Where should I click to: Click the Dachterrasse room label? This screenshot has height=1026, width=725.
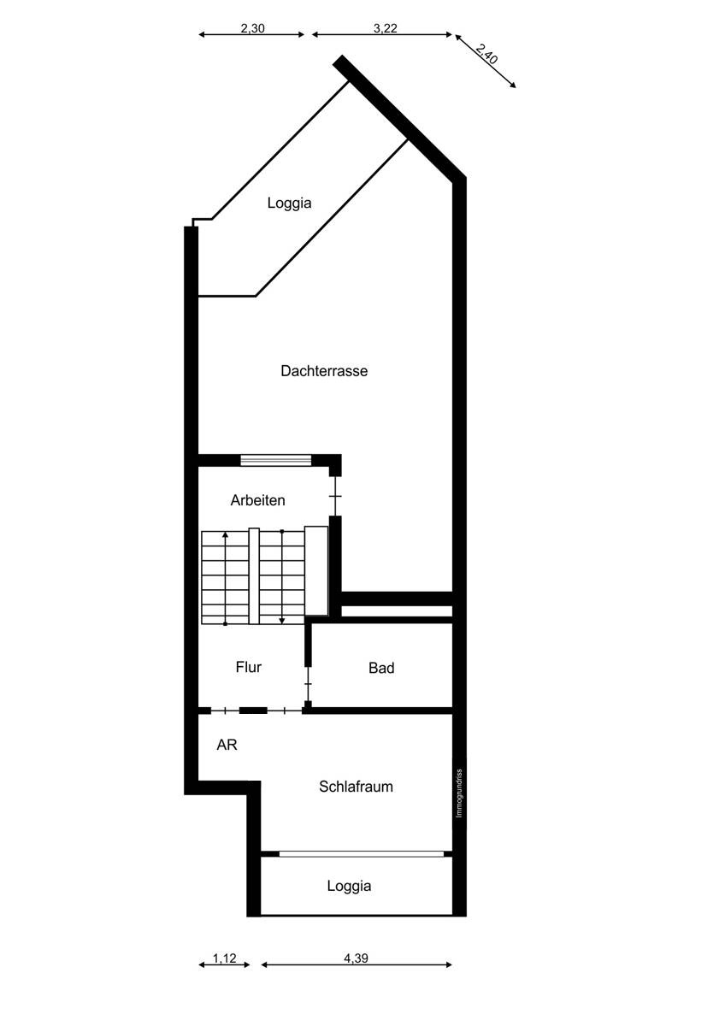click(x=324, y=371)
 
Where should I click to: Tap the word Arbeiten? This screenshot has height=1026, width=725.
click(x=257, y=500)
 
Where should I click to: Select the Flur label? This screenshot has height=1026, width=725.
click(x=248, y=667)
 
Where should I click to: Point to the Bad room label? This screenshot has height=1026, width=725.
click(x=381, y=668)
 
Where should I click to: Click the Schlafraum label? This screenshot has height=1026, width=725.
click(x=356, y=787)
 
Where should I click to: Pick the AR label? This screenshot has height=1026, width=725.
click(x=227, y=745)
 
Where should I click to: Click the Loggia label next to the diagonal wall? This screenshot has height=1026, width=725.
click(x=289, y=203)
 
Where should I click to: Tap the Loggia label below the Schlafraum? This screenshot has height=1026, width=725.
click(x=349, y=886)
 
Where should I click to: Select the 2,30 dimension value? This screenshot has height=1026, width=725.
click(x=252, y=28)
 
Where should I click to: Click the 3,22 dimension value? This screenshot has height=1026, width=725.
click(x=386, y=28)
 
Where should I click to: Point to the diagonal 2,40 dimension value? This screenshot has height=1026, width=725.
click(x=486, y=54)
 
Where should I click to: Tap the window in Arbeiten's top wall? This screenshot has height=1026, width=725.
click(x=275, y=460)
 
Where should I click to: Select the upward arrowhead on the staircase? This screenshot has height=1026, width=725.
click(x=225, y=535)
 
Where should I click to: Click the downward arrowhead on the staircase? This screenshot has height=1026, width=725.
click(x=282, y=620)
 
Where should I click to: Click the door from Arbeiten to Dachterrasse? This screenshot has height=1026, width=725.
click(x=336, y=497)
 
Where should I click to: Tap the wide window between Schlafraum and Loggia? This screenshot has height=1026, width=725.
click(x=362, y=854)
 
